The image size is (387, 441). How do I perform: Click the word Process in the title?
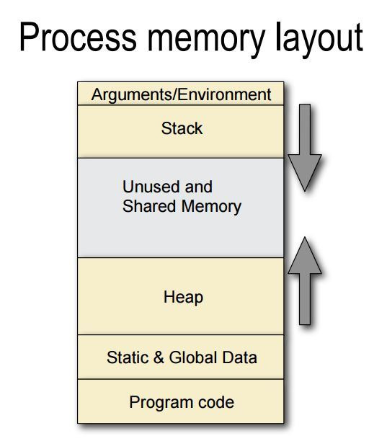click(78, 37)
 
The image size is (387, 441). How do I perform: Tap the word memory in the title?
click(206, 40)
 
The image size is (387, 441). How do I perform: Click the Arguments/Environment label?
click(181, 95)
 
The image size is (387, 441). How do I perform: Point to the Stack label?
click(182, 128)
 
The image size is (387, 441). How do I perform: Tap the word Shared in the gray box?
click(149, 206)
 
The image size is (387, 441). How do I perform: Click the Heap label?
click(183, 298)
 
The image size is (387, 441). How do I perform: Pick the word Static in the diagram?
click(128, 357)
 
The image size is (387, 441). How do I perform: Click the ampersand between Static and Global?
click(159, 357)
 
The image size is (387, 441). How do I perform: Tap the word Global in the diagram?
click(193, 357)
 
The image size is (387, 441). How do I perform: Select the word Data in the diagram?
click(240, 357)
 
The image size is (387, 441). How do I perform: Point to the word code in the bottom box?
click(216, 402)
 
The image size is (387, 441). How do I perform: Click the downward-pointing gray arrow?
click(305, 148)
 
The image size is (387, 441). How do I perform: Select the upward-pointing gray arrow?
click(305, 281)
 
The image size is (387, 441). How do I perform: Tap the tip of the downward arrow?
click(305, 192)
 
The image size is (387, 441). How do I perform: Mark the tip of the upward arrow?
click(305, 237)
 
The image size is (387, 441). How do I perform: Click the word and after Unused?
click(199, 187)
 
